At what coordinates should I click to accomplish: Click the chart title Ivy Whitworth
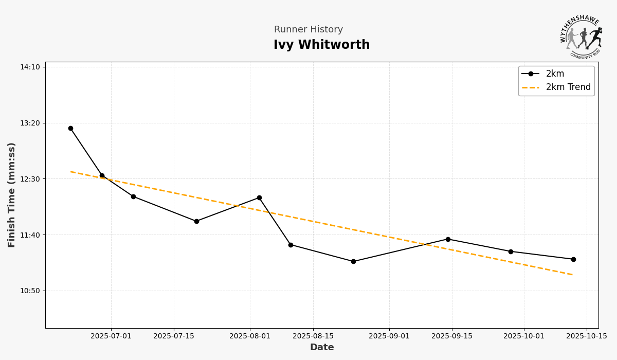coord(321,45)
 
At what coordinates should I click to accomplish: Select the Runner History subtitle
coord(308,30)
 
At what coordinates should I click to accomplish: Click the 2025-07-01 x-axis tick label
coord(111,336)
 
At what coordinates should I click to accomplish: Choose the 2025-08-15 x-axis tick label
coord(313,336)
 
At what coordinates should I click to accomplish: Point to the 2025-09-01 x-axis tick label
coord(389,336)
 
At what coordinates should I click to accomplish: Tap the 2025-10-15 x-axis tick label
coord(587,336)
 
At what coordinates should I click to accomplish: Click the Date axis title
coord(322,348)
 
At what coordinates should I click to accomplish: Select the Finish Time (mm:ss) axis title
coord(12,195)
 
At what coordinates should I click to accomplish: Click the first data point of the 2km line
coord(70,129)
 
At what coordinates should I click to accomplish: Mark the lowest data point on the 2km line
coord(353,261)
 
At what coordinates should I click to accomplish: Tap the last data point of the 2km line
coord(573,259)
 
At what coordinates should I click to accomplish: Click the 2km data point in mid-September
coord(448,239)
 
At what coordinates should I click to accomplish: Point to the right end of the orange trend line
coord(573,275)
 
